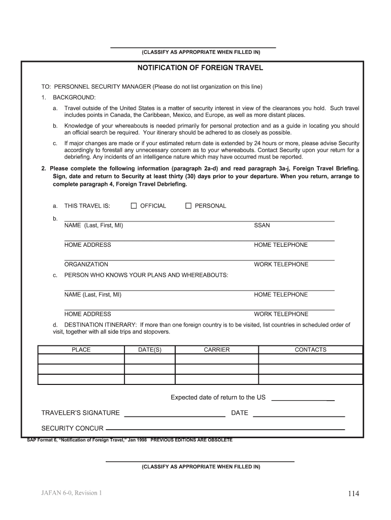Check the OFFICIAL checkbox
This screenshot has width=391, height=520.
pos(134,206)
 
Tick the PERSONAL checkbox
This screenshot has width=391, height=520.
pos(188,206)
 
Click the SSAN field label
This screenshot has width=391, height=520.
pos(262,225)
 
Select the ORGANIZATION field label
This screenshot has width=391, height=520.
pos(86,265)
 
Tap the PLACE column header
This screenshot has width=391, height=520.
pos(81,350)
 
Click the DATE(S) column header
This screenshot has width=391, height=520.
pos(150,350)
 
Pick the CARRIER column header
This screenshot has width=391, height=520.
pos(217,350)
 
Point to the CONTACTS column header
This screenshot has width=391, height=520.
pos(310,350)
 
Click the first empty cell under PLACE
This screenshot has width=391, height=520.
pos(81,359)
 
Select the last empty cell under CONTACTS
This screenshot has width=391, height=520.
pos(310,379)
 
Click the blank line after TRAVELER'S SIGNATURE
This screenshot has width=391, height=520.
pos(175,413)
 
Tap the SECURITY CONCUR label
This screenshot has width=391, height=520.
pos(72,428)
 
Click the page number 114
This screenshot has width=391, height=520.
pos(354,494)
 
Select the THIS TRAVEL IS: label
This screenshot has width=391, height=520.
pos(87,206)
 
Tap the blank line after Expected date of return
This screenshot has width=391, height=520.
pos(303,398)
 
